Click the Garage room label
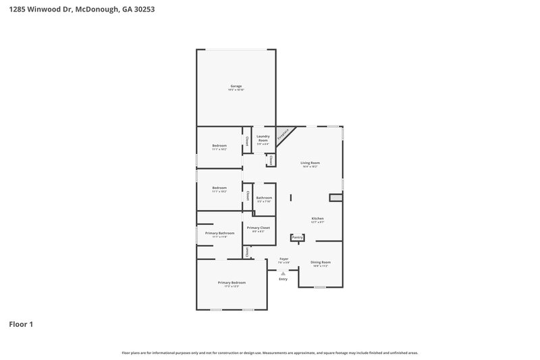pos(236,86)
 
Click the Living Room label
pos(310,163)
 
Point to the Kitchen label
pos(317,219)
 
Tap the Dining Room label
pos(321,262)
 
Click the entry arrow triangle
pos(283,273)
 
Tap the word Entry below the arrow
pos(283,279)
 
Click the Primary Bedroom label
pos(232,282)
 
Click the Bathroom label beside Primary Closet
pos(263,198)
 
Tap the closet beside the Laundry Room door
pos(270,161)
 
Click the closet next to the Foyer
pos(247,251)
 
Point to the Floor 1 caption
pos(21,324)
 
